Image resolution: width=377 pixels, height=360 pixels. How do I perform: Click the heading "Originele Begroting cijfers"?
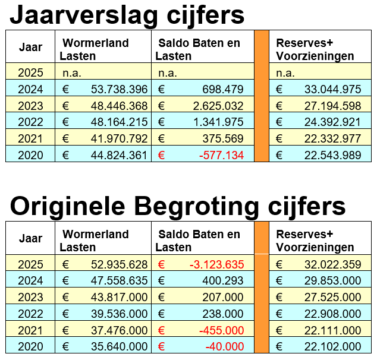(x=178, y=206)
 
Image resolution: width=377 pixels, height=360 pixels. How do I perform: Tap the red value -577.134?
(x=219, y=155)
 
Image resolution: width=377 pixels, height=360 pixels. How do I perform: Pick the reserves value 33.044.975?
(x=332, y=90)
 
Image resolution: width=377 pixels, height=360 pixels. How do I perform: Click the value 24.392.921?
(x=332, y=122)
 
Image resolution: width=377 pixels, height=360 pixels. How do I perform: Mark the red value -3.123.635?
(x=216, y=264)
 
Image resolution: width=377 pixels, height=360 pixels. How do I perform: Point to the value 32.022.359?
(x=332, y=264)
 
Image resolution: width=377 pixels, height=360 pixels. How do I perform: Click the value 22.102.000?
(x=332, y=347)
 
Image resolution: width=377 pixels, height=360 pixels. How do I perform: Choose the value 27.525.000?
(x=332, y=298)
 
